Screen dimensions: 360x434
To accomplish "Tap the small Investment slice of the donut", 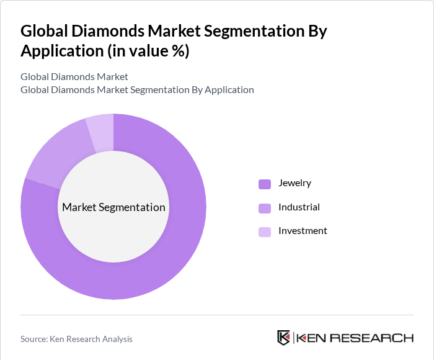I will point(101,132).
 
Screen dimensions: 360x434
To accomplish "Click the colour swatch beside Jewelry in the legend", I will point(265,184).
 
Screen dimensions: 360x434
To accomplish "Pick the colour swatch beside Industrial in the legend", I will point(265,207).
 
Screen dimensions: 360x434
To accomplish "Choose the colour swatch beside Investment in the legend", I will point(265,232).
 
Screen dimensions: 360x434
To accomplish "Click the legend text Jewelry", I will point(294,183).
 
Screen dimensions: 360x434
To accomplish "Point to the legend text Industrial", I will point(299,207).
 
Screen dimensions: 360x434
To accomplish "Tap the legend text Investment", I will point(303,231).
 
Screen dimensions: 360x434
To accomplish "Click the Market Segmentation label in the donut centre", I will point(113,207).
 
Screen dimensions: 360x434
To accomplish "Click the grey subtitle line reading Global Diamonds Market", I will point(74,77).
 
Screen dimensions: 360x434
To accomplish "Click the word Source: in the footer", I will point(35,339).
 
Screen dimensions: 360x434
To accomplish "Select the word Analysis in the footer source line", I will point(115,339).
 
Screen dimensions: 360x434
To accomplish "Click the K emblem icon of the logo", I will point(283,338).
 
